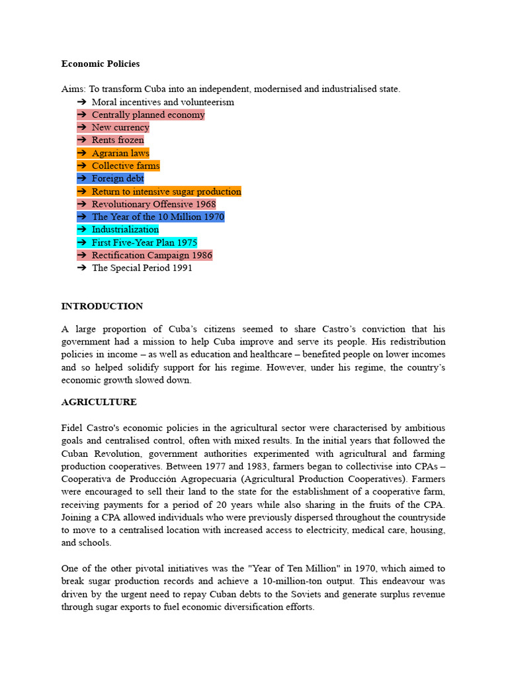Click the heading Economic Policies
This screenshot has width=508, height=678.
point(101,64)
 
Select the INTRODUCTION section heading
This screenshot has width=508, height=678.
point(102,307)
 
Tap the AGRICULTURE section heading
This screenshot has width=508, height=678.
point(99,402)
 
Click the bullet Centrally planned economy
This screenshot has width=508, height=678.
point(148,115)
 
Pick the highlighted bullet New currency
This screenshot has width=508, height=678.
point(120,128)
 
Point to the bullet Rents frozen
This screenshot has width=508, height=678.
point(117,140)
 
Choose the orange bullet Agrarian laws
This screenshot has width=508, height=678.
point(120,153)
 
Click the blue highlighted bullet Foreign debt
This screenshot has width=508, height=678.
point(117,179)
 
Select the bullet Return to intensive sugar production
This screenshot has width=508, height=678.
point(166,191)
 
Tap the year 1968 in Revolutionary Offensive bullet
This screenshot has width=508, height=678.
point(204,205)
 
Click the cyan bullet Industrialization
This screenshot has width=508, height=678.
point(125,230)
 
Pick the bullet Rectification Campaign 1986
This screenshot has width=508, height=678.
point(151,256)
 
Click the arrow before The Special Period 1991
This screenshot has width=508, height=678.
point(82,268)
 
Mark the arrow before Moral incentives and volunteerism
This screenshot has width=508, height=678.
point(82,103)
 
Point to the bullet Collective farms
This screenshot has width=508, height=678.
point(125,166)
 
